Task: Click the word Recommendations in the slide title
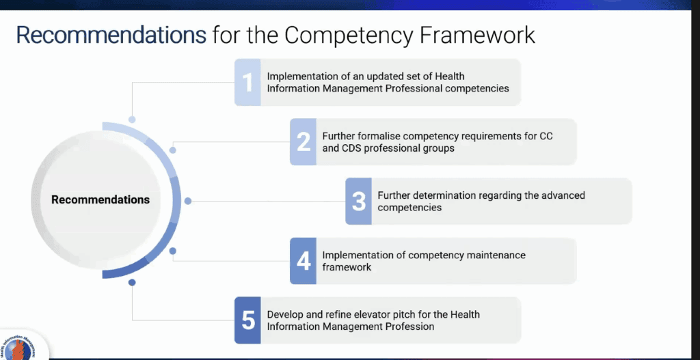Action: pos(111,35)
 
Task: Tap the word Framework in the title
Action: pos(477,35)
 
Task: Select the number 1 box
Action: pos(247,82)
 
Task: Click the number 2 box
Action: pos(303,142)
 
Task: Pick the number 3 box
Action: pos(358,202)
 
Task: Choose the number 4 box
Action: pos(303,261)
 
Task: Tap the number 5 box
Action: pos(247,320)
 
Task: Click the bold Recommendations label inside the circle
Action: pos(100,199)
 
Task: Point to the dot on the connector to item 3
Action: pos(188,202)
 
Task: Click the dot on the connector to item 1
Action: pos(132,120)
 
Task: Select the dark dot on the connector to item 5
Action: pos(132,282)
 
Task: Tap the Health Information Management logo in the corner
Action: pos(20,347)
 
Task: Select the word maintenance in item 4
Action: pos(496,255)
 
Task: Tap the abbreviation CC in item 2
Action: pos(546,136)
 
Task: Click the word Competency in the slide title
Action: pos(349,36)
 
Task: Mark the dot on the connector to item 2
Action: pos(173,150)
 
